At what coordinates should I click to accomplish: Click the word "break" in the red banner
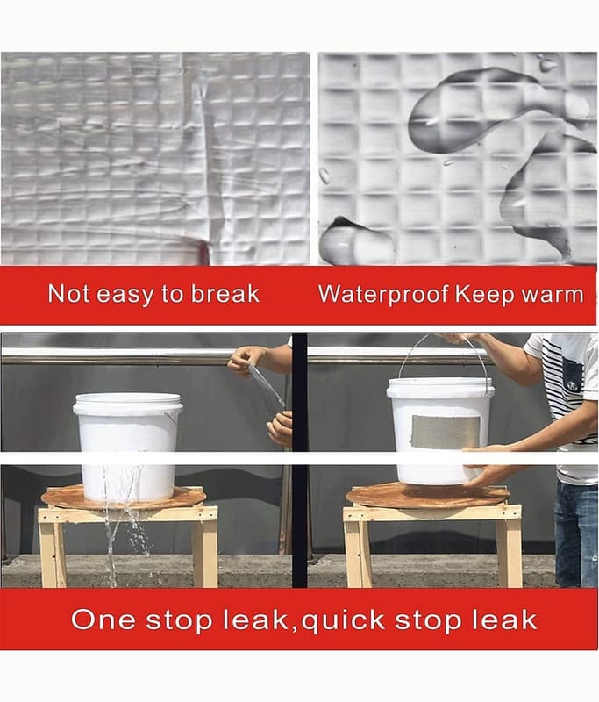pos(225,294)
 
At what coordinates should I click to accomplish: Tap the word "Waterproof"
pos(383,295)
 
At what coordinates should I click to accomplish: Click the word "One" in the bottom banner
pos(103,620)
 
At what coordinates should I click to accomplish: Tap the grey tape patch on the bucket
pos(446,432)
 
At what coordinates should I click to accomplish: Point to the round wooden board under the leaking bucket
pos(124,498)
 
